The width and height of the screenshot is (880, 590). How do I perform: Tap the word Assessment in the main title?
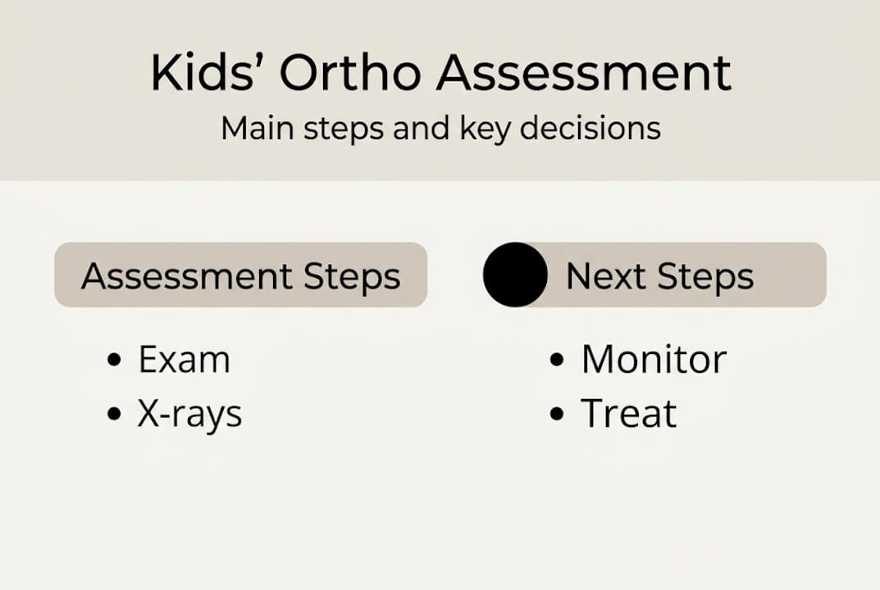tap(583, 73)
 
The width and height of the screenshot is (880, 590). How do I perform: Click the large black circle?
tap(515, 275)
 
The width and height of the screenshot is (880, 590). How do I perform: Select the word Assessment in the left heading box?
tap(186, 276)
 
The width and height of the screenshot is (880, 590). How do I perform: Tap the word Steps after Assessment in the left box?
tap(352, 278)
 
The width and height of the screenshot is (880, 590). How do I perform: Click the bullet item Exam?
tap(184, 360)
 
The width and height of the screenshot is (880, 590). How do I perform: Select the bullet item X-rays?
tap(189, 415)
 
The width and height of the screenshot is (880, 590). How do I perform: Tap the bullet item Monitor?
tap(654, 360)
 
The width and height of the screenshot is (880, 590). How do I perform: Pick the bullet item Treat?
tap(628, 414)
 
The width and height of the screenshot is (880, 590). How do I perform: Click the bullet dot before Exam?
tap(115, 361)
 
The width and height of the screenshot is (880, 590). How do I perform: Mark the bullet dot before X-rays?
tap(115, 414)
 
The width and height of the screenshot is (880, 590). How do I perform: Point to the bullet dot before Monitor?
tap(558, 361)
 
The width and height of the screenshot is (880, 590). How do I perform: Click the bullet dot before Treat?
tap(558, 414)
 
